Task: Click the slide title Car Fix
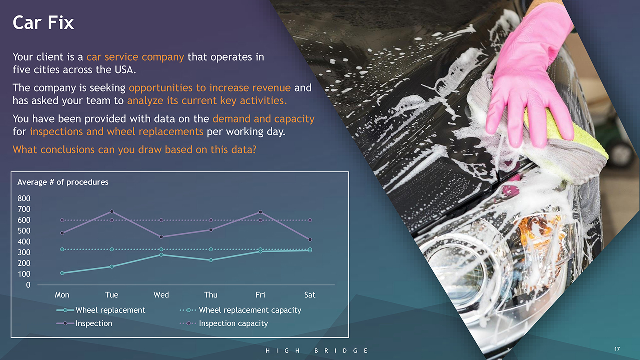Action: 43,23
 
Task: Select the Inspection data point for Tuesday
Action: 112,211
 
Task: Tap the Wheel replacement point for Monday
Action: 62,273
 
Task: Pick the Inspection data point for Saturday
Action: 310,239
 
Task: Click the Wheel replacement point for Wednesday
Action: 161,255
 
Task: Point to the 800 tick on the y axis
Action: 24,199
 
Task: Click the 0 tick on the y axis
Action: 28,285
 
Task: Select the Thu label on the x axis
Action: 211,295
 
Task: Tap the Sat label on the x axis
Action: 310,295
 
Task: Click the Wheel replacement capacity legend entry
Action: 240,310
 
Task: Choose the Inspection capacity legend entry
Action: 224,323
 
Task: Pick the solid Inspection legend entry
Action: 84,323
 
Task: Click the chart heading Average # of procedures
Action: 63,182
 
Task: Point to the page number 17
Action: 617,349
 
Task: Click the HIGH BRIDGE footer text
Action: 317,351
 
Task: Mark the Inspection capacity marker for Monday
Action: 62,220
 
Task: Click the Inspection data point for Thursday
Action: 211,230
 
